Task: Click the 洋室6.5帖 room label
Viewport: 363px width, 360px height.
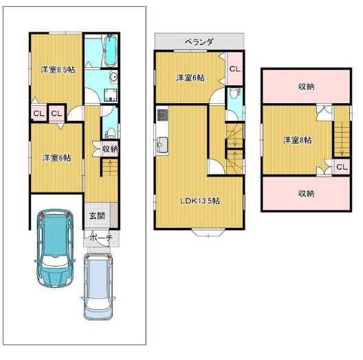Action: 58,69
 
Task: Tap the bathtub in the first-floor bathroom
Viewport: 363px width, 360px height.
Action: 111,51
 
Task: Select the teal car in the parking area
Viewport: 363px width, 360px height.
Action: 55,248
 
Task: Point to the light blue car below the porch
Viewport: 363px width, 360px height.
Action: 98,286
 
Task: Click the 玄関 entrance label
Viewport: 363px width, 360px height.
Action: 97,216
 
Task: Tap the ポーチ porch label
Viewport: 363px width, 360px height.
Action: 101,238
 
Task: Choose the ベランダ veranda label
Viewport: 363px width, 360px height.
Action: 199,42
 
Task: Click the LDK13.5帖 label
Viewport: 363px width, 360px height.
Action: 200,201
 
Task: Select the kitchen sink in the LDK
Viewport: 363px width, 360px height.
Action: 162,144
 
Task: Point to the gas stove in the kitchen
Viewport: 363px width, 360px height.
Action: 162,115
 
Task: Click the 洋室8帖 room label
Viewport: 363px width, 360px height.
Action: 298,140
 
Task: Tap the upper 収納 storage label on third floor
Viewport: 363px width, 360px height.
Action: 306,87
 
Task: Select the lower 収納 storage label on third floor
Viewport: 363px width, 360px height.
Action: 306,193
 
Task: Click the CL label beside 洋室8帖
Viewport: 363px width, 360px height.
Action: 342,167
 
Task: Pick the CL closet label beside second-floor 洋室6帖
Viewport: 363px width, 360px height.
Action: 234,69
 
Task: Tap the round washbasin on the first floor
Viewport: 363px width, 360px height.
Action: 113,77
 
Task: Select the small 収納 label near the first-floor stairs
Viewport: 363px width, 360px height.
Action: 110,149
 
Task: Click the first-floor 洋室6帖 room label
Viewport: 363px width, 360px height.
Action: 56,158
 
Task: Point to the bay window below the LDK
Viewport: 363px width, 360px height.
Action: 208,232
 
